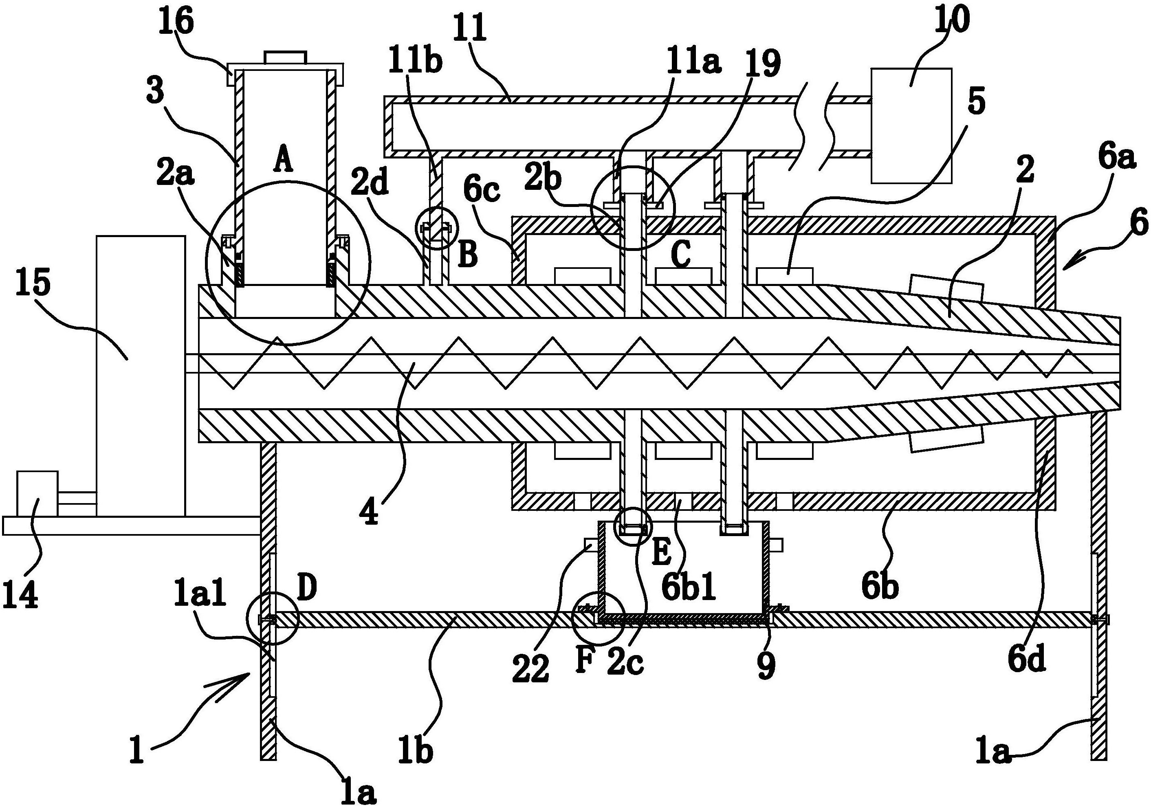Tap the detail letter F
pos(585,661)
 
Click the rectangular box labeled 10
pos(911,125)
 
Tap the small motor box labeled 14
pos(37,493)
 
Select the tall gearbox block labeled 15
pos(141,376)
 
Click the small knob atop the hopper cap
pos(285,57)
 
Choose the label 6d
pos(1027,660)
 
